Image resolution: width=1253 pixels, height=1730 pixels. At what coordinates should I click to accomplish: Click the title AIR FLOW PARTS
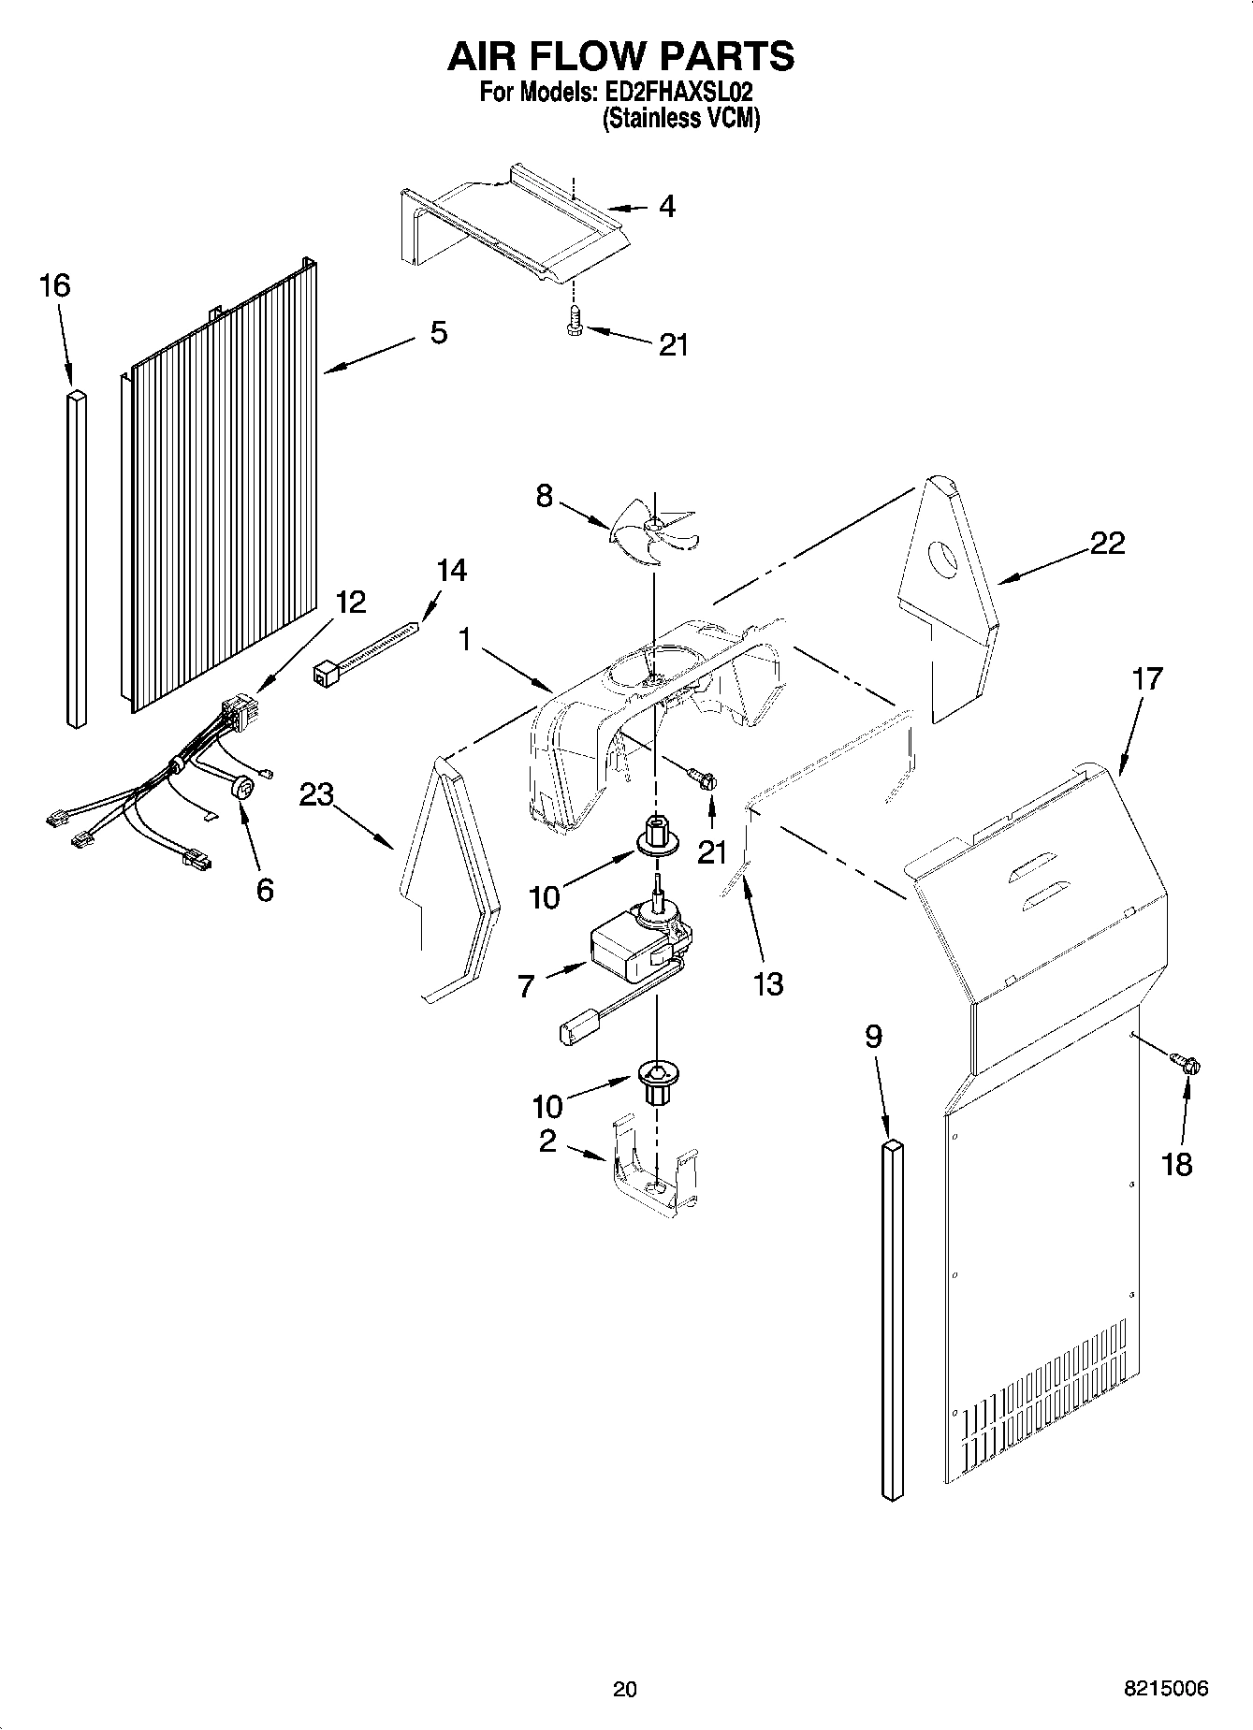click(x=621, y=56)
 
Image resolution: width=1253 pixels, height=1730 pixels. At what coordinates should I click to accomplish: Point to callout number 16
click(x=55, y=285)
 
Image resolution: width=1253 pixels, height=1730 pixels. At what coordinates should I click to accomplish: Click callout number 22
click(x=1107, y=543)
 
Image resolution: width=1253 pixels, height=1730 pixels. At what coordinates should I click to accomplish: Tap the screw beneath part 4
click(x=574, y=323)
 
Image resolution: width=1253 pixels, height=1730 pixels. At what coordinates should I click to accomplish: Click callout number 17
click(x=1146, y=678)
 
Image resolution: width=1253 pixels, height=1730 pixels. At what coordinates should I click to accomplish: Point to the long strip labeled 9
click(x=893, y=1319)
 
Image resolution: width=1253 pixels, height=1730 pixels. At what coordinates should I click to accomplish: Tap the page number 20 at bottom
click(x=624, y=1689)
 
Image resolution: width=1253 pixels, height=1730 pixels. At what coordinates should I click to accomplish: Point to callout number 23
click(x=316, y=795)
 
